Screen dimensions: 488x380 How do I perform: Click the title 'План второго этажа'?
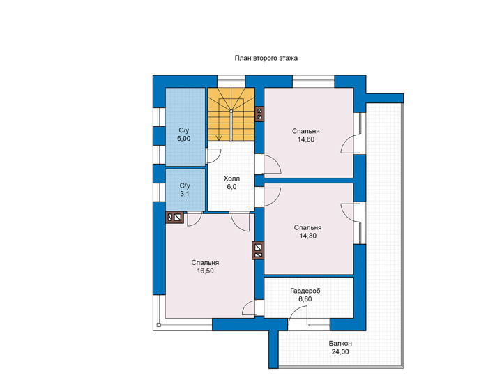tap(266, 58)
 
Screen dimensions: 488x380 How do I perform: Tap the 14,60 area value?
tap(306, 139)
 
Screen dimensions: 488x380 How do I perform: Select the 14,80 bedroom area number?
tap(308, 236)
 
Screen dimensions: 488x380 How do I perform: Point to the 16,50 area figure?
tap(205, 271)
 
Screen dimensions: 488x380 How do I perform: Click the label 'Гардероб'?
tap(305, 291)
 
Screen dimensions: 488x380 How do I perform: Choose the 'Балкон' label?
tap(340, 344)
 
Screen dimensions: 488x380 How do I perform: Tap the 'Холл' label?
tap(232, 178)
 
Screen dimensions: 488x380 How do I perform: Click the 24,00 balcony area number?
tap(340, 352)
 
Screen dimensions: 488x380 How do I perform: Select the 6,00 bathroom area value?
tap(184, 139)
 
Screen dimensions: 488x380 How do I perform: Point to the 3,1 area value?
tap(185, 194)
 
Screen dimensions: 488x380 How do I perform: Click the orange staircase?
tap(231, 114)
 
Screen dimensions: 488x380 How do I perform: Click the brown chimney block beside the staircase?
tap(259, 114)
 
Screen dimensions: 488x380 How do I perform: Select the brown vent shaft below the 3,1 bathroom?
tap(175, 217)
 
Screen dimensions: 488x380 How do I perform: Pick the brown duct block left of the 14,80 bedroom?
tap(258, 250)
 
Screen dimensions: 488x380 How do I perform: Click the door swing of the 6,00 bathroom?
tap(213, 155)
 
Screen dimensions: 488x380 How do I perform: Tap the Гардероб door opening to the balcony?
tap(298, 314)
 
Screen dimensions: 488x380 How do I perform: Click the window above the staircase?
tap(231, 81)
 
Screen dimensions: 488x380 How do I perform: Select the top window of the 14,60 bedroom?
tap(314, 81)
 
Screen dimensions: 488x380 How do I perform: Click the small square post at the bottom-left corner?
tap(158, 325)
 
